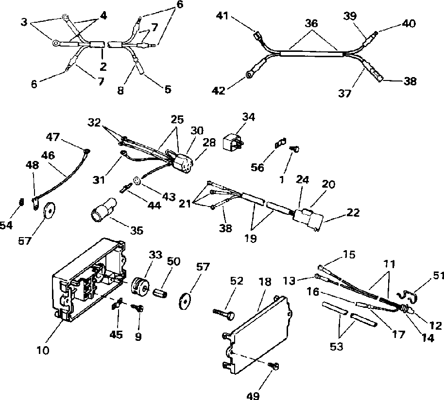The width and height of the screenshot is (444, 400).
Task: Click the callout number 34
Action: tap(248, 117)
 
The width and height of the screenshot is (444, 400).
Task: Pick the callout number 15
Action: tap(349, 254)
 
